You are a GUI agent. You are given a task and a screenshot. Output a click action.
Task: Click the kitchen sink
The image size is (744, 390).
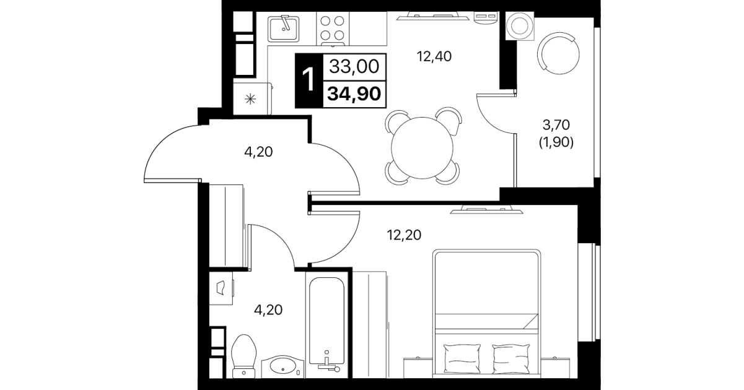coord(283,28)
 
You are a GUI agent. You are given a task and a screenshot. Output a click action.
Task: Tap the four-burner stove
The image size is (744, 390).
coord(332,28)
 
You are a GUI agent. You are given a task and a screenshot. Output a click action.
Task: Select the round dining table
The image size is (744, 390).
coord(422,148)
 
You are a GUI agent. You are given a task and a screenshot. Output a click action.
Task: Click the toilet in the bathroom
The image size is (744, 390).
coord(244,357)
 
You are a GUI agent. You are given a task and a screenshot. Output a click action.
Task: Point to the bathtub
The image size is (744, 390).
coord(327,325)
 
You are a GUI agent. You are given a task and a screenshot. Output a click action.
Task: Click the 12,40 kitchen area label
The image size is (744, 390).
coord(434,56)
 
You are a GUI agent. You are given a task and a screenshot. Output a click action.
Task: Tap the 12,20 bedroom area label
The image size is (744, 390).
coord(404,235)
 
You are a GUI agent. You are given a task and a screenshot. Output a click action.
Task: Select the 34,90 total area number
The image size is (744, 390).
coord(354,94)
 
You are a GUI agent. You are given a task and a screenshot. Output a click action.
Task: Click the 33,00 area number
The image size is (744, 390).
coord(354,66)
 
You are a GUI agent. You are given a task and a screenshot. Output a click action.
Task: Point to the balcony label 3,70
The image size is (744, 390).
coord(556,125)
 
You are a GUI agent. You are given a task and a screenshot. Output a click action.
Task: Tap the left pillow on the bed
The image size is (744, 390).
coord(462,359)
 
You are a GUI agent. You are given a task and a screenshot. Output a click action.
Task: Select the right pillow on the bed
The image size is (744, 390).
coord(511,359)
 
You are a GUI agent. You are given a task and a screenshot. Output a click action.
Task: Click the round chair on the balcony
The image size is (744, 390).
coord(559,53)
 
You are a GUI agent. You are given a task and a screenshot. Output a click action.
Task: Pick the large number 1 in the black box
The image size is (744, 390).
coord(309,80)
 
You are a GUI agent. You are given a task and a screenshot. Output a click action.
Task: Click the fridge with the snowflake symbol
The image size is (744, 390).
coord(252,98)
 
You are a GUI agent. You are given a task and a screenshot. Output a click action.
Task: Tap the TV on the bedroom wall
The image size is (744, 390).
coord(486,210)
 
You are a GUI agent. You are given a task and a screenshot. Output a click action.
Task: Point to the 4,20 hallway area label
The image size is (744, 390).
coord(258,152)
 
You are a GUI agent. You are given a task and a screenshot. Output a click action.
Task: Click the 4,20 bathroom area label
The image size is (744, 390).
coord(268,310)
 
